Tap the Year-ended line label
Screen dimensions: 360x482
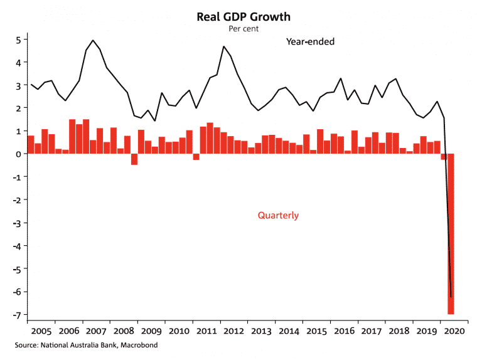point(310,42)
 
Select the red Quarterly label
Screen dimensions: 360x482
point(278,215)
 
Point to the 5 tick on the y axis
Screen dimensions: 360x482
point(19,40)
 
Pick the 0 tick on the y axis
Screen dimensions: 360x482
point(19,154)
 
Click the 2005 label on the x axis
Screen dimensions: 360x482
point(41,331)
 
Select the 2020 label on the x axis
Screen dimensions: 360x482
point(453,331)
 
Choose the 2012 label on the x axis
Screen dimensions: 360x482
point(233,331)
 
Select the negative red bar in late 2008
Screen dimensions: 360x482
point(134,159)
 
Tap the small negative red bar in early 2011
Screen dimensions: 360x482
point(196,157)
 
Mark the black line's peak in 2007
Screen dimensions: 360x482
point(93,40)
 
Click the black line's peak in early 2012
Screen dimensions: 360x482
point(223,46)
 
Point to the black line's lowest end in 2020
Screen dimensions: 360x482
point(451,296)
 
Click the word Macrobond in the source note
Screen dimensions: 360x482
point(140,346)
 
